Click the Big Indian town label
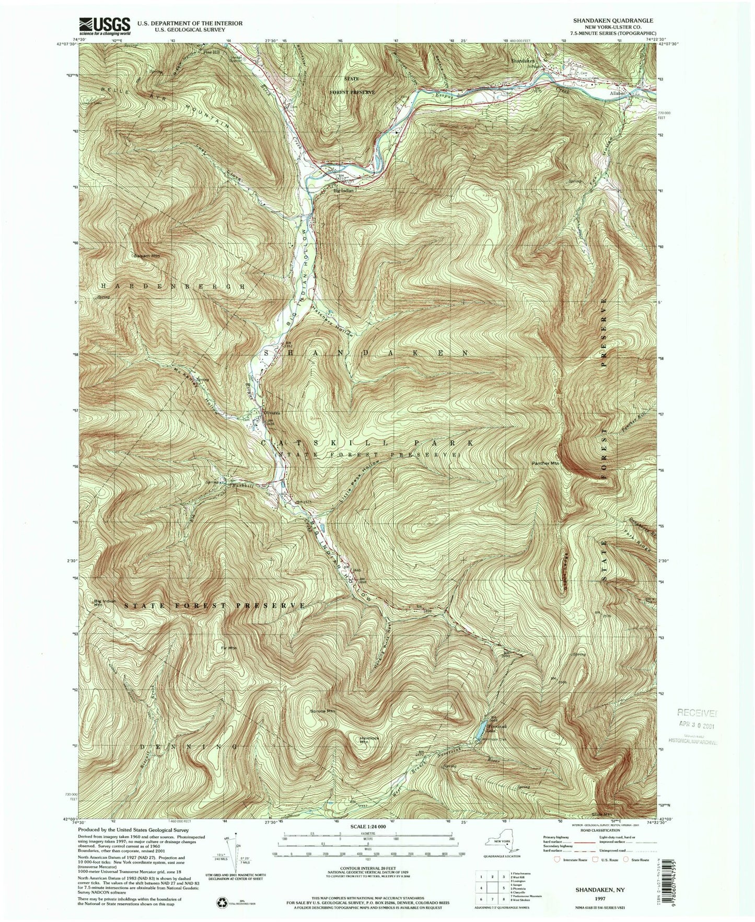point(344,191)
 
